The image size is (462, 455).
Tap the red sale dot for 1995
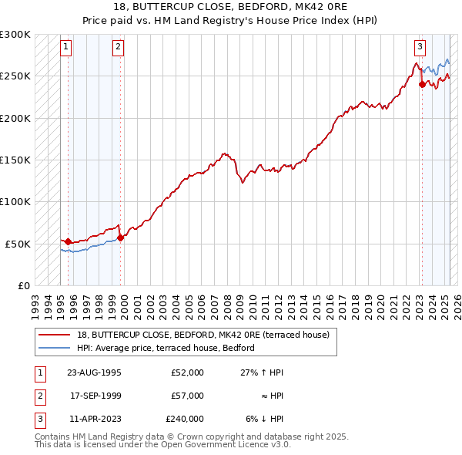click(x=68, y=241)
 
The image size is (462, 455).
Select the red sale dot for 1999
click(x=121, y=238)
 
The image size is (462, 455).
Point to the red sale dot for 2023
click(x=422, y=85)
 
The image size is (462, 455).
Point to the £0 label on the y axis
click(x=24, y=285)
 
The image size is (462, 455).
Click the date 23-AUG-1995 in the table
click(x=94, y=372)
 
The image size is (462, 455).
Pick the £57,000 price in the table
click(x=187, y=396)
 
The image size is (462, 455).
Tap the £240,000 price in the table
click(x=185, y=419)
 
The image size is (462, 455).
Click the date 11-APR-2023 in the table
click(x=94, y=419)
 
